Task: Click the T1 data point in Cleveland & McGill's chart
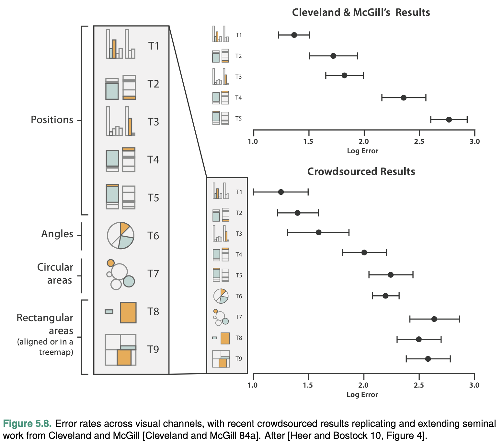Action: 294,35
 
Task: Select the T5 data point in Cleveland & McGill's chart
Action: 449,120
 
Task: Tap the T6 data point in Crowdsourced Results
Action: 385,296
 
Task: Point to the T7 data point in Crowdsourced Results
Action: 434,319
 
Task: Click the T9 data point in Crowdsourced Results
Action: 428,359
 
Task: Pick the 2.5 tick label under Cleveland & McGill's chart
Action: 419,142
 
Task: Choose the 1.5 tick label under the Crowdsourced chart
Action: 308,385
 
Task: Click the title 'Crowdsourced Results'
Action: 361,171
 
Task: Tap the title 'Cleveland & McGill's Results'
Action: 361,13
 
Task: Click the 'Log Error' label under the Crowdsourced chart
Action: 362,395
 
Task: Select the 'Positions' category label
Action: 52,120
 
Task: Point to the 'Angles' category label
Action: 57,234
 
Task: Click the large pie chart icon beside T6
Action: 120,236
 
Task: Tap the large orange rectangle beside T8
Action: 128,312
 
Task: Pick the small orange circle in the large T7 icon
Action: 111,263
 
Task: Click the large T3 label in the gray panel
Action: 153,122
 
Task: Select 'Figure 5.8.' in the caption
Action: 28,424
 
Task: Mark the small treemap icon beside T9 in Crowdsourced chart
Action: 221,359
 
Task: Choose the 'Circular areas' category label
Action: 55,274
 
